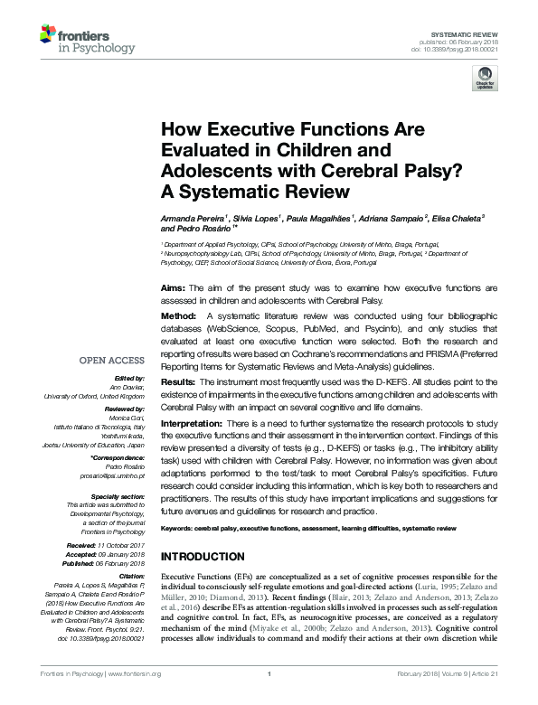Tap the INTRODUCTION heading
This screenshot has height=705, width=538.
pyautogui.click(x=202, y=556)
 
